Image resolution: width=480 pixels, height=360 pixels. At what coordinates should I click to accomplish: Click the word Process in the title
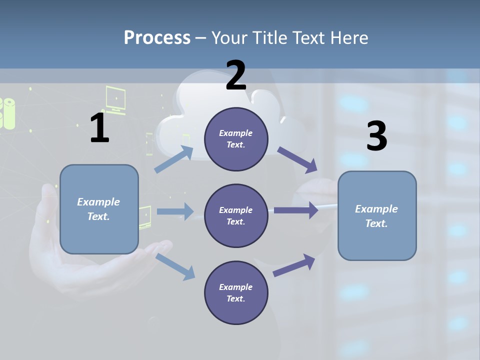click(157, 38)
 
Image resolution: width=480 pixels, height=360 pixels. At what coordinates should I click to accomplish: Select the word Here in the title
click(348, 38)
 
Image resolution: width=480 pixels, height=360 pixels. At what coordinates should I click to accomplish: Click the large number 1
click(99, 128)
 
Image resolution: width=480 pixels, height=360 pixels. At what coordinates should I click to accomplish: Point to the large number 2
click(236, 75)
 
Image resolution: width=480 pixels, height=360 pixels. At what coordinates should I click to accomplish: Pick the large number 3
click(376, 136)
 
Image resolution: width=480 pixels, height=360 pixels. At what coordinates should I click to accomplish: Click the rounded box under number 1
click(99, 209)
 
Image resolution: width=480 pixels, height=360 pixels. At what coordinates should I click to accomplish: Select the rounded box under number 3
click(377, 216)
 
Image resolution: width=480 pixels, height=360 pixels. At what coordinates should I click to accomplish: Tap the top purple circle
click(236, 139)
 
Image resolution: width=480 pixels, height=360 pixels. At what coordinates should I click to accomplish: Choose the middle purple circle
click(236, 216)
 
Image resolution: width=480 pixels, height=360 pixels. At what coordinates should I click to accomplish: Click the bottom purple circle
click(236, 293)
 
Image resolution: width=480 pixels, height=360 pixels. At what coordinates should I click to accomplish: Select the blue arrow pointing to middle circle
click(175, 211)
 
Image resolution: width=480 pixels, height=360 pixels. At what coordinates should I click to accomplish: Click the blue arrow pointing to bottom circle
click(175, 266)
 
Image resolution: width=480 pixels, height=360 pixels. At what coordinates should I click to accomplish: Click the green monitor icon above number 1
click(115, 97)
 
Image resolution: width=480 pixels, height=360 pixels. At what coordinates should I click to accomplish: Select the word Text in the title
click(309, 38)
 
